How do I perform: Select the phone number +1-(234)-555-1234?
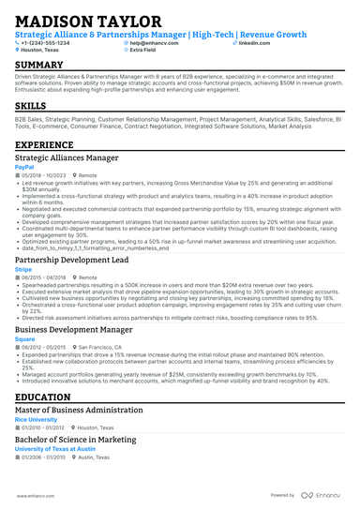click(48, 43)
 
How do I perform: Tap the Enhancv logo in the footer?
click(322, 495)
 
